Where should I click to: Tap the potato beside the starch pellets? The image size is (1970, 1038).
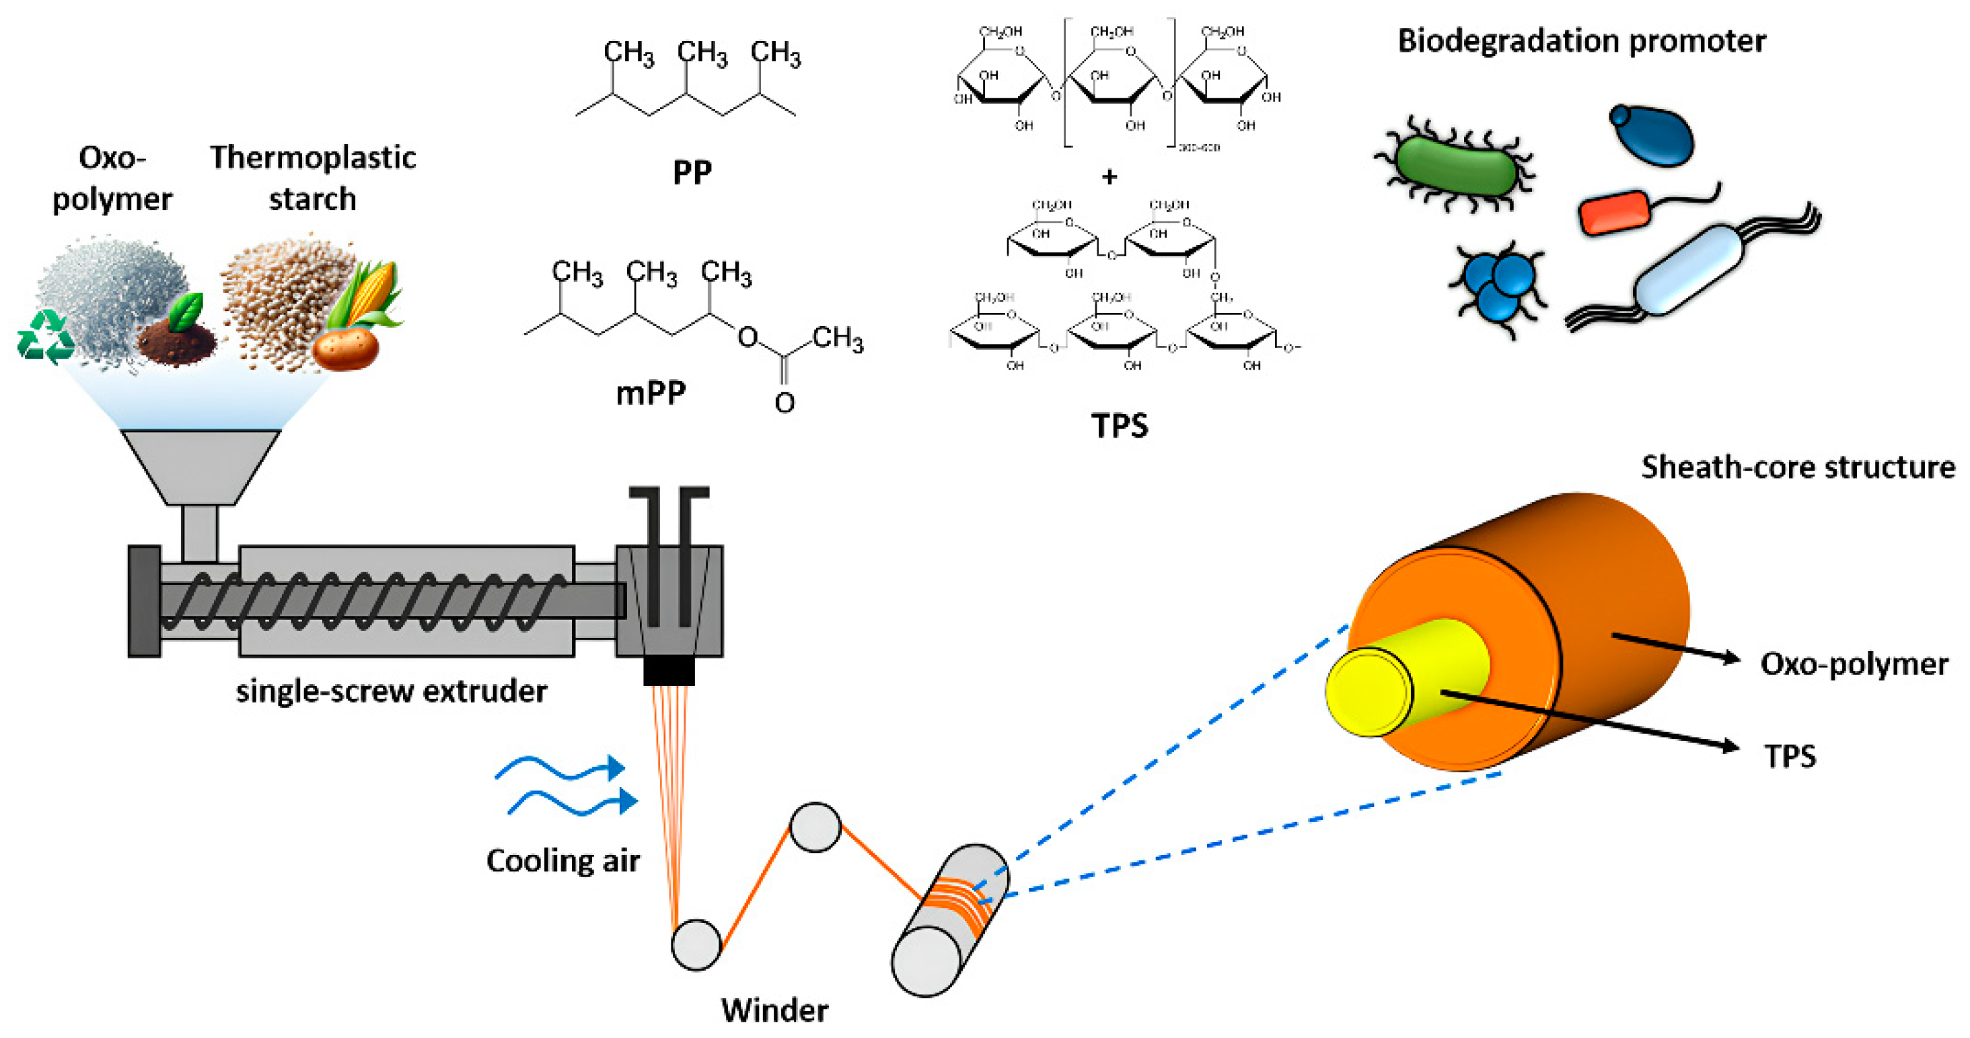click(x=346, y=349)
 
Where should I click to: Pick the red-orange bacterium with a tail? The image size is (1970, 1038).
click(x=1614, y=212)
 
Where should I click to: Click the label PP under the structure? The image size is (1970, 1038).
click(x=692, y=173)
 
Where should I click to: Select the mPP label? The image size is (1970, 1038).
click(x=651, y=393)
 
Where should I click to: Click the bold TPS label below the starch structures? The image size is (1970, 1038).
click(x=1120, y=426)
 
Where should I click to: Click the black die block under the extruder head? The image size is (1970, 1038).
click(x=668, y=671)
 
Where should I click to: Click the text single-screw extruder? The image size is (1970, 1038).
click(x=392, y=691)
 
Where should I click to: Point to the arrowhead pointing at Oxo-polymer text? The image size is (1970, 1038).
click(x=1731, y=657)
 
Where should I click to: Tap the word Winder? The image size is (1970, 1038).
click(x=774, y=1010)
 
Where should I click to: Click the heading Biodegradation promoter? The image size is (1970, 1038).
click(x=1582, y=40)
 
